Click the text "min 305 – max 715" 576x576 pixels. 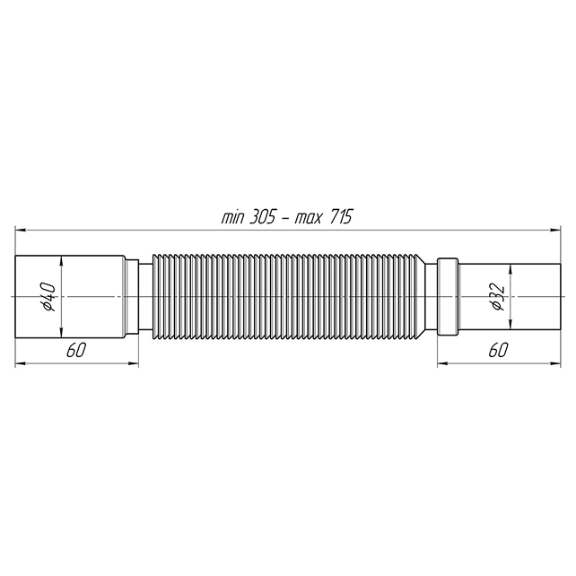pos(287,217)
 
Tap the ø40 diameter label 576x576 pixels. pos(48,297)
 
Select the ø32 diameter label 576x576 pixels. pos(498,297)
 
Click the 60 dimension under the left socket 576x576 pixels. pos(76,351)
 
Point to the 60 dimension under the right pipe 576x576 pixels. pos(498,351)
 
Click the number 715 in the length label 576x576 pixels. pos(341,217)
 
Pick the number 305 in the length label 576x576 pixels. pos(262,217)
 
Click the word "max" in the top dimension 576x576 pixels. pos(308,219)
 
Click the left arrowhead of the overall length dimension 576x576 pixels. pos(20,231)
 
